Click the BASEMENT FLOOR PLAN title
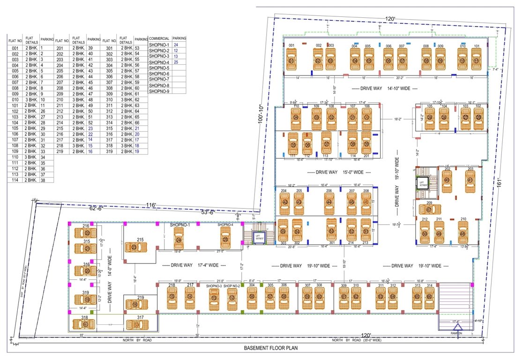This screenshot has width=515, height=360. pos(270,348)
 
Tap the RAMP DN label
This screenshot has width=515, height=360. pos(456,333)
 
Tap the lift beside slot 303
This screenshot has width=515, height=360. pos(257,237)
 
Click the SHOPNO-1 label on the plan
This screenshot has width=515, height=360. pos(180,225)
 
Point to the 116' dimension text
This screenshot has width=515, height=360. pos(150,205)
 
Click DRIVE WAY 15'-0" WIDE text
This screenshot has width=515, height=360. pos(334,172)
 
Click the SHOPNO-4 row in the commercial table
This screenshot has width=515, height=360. pos(159,62)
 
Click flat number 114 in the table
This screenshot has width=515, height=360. pos(15,180)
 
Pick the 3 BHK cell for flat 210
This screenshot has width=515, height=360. pos(78,100)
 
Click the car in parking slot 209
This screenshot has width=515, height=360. pos(429,209)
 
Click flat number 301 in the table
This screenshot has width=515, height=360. pos(109,48)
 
